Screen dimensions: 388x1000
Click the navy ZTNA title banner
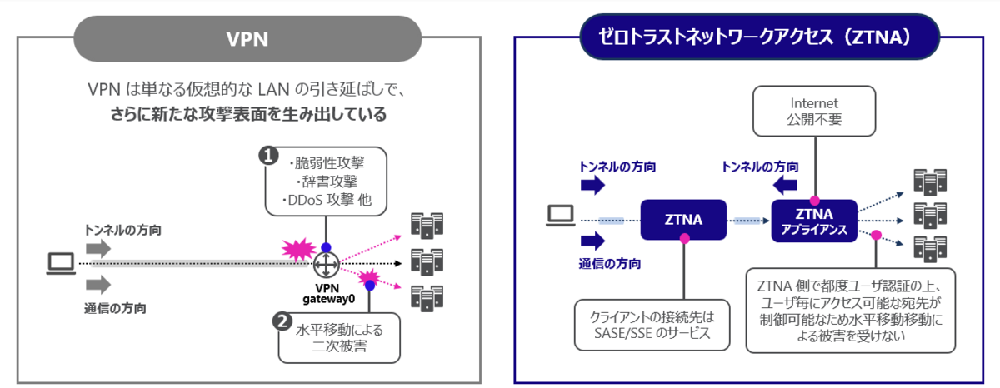[757, 37]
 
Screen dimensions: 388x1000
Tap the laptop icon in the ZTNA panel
[559, 216]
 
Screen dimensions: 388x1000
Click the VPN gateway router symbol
[325, 265]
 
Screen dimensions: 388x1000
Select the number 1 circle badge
[268, 155]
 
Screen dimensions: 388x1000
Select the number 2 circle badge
[282, 321]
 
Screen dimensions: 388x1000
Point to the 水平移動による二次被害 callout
[340, 338]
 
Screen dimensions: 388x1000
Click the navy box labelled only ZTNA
[683, 220]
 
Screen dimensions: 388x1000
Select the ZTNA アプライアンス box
[814, 220]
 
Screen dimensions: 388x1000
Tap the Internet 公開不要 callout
[814, 112]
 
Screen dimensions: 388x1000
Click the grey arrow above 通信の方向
[97, 285]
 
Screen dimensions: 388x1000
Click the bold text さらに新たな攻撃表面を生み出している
[248, 115]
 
